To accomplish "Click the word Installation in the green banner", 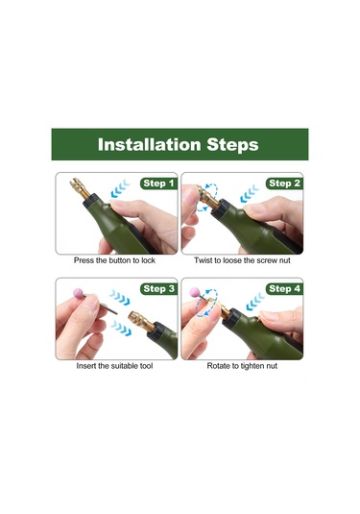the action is pyautogui.click(x=149, y=144).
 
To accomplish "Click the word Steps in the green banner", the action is pyautogui.click(x=232, y=145).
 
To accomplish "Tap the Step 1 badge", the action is pyautogui.click(x=158, y=184).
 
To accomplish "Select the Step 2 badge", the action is pyautogui.click(x=284, y=184).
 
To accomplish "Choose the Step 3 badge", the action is pyautogui.click(x=158, y=289).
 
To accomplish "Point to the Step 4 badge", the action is pyautogui.click(x=284, y=289).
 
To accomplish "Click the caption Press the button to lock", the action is pyautogui.click(x=114, y=260).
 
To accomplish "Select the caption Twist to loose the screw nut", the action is pyautogui.click(x=242, y=260).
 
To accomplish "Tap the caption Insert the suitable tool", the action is pyautogui.click(x=114, y=366).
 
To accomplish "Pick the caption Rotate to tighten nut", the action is pyautogui.click(x=242, y=366).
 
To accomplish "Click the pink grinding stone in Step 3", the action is pyautogui.click(x=78, y=293).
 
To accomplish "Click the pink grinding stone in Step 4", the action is pyautogui.click(x=195, y=292).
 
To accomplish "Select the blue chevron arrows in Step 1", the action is pyautogui.click(x=120, y=188).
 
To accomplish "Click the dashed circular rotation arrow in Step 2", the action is pyautogui.click(x=206, y=197).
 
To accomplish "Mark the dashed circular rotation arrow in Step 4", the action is pyautogui.click(x=206, y=303).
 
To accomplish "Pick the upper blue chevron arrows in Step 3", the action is pyautogui.click(x=120, y=297).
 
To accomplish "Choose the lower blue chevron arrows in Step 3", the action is pyautogui.click(x=121, y=328).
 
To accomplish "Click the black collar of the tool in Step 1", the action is pyautogui.click(x=91, y=201).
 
